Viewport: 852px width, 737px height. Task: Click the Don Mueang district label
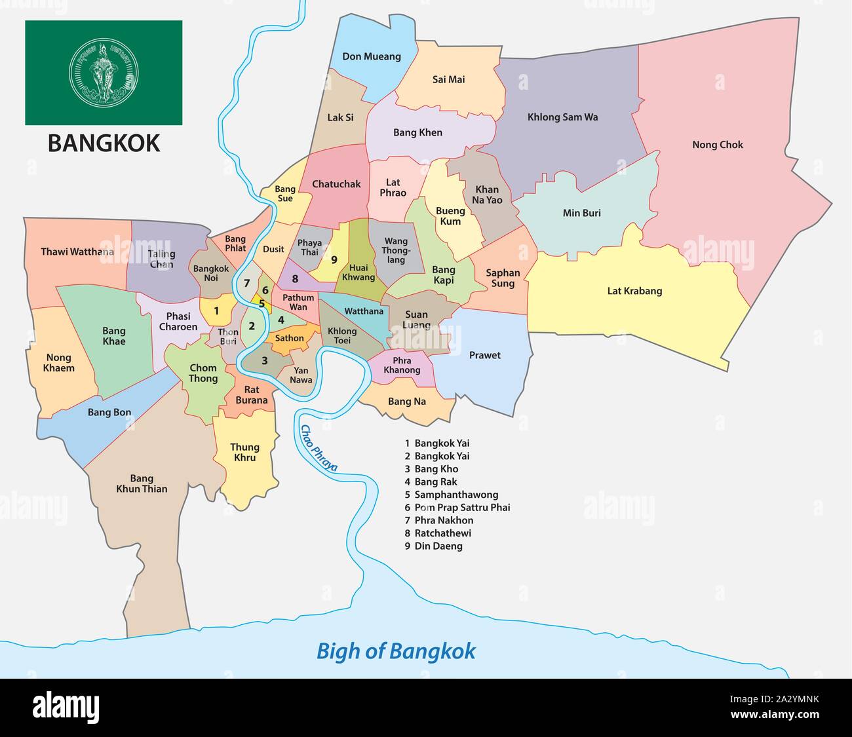[372, 56]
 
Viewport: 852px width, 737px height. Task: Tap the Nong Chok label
[718, 145]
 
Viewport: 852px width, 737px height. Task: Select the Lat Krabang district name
[634, 291]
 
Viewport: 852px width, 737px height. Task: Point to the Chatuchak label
[336, 184]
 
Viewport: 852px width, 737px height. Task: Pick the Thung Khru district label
[244, 452]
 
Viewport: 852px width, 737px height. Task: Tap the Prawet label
[484, 355]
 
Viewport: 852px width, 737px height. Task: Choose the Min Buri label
[581, 213]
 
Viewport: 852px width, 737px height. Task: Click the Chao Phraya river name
[319, 448]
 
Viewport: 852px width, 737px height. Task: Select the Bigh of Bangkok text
[396, 651]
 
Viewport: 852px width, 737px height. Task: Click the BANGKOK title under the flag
[104, 143]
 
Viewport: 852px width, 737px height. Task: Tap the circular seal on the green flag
[104, 72]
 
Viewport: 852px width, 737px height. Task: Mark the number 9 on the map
[334, 260]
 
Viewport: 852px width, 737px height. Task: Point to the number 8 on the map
[295, 279]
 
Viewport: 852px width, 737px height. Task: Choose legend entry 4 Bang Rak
[431, 482]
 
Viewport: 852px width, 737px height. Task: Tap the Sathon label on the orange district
[289, 339]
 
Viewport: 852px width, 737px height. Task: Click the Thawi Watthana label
[77, 252]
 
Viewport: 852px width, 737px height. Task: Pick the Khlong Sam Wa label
[562, 117]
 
